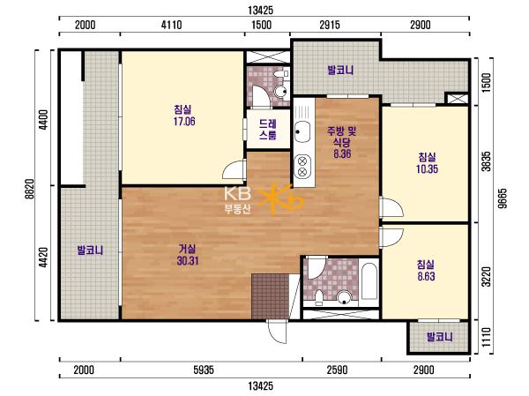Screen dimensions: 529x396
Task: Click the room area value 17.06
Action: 184,121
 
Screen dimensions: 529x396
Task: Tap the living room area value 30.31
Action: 188,261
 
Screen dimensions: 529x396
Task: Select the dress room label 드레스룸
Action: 268,130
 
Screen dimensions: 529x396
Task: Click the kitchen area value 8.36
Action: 342,153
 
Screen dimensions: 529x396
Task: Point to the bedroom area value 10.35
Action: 427,168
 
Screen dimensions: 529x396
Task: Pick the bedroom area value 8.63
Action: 426,276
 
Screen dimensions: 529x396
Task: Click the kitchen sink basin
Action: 302,131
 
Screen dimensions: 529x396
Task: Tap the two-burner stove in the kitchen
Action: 302,166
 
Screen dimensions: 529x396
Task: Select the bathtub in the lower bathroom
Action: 369,281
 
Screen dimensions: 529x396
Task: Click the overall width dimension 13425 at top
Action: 261,11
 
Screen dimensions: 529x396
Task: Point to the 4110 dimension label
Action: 171,25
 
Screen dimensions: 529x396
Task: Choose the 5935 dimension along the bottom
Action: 204,370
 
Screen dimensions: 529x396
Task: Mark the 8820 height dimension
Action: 30,189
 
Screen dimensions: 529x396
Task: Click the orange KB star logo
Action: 280,198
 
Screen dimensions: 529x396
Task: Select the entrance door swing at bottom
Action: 278,332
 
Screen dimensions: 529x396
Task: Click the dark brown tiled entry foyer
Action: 271,296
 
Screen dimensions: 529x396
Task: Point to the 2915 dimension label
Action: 330,25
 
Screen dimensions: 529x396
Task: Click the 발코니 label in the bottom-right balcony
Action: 439,337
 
